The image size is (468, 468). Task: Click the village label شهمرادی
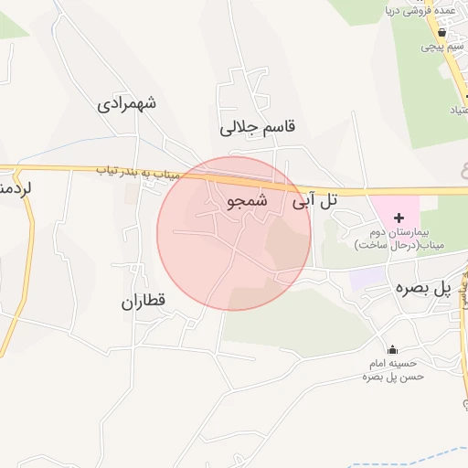point(127,102)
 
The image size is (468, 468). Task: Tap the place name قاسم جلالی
point(260,127)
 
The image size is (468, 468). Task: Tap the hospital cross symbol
point(398,218)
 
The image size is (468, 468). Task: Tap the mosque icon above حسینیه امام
point(393,350)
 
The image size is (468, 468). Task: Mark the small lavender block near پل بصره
point(367,276)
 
